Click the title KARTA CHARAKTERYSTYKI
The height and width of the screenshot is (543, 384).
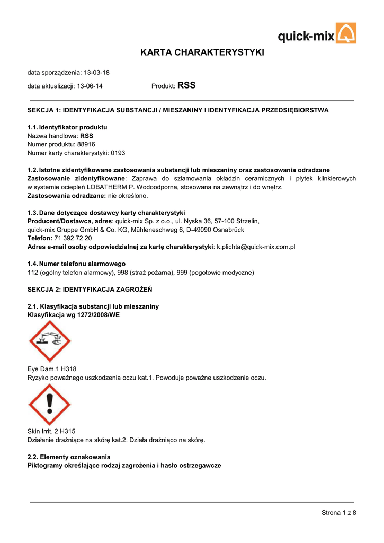pyautogui.click(x=202, y=52)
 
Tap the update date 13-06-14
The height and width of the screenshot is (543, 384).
pyautogui.click(x=90, y=86)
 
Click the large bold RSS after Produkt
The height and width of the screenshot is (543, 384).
pyautogui.click(x=186, y=85)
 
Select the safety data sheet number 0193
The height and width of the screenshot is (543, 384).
pyautogui.click(x=118, y=153)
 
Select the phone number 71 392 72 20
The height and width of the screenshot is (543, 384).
pyautogui.click(x=73, y=238)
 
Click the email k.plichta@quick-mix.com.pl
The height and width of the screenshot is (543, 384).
pyautogui.click(x=256, y=247)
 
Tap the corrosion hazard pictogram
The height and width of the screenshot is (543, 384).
pyautogui.click(x=49, y=341)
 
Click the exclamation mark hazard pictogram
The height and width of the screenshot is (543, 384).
pyautogui.click(x=49, y=405)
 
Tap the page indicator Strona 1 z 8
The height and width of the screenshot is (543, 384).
pyautogui.click(x=338, y=512)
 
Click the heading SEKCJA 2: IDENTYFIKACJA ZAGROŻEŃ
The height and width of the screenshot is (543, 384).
pyautogui.click(x=90, y=290)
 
